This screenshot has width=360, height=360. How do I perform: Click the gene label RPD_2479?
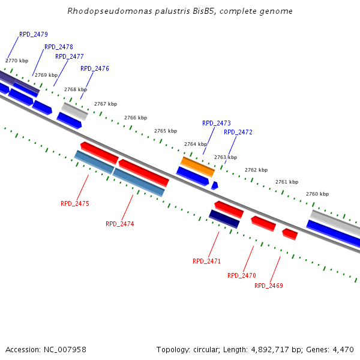click(34, 35)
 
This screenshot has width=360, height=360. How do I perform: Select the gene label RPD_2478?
click(59, 47)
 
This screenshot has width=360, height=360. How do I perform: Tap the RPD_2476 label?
click(95, 68)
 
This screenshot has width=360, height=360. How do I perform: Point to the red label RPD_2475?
click(75, 204)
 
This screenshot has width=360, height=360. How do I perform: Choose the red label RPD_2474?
click(120, 224)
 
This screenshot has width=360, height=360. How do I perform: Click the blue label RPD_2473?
click(217, 123)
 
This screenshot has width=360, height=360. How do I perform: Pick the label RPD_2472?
click(238, 132)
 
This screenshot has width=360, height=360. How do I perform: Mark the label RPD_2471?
click(207, 262)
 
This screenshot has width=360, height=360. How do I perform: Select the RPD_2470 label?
click(242, 276)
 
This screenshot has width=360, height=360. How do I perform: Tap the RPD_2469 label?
click(269, 286)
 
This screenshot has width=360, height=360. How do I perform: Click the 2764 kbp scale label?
click(196, 144)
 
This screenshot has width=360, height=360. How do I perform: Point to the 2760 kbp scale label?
click(317, 194)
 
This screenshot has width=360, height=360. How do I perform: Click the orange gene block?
click(197, 167)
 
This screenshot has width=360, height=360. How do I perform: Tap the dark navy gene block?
click(224, 219)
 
